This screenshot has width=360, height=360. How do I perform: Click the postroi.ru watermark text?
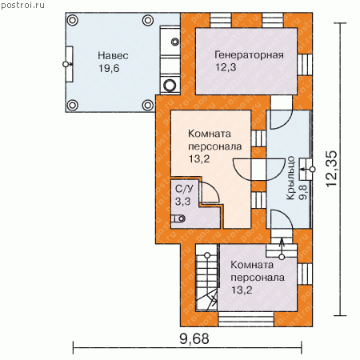22,5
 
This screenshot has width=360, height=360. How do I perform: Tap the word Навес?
113,55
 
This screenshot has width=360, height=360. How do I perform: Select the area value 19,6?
109,69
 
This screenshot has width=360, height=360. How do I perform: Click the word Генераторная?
249,54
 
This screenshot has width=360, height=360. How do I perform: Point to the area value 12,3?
226,67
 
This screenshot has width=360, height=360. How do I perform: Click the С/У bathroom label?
184,189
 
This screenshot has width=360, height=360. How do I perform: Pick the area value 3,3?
182,202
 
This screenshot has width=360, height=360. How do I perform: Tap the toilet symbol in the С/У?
178,218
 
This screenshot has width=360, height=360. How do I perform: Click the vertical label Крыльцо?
290,178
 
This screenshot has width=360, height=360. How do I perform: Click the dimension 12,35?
332,169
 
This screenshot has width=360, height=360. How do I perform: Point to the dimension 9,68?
194,338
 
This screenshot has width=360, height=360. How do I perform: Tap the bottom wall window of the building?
246,319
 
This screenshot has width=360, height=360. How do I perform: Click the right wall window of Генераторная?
305,65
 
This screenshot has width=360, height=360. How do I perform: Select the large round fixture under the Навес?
170,86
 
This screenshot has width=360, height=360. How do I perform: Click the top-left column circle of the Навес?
72,20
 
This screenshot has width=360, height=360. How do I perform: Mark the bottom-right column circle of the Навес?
148,105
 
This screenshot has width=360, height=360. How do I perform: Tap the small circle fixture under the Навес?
175,42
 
